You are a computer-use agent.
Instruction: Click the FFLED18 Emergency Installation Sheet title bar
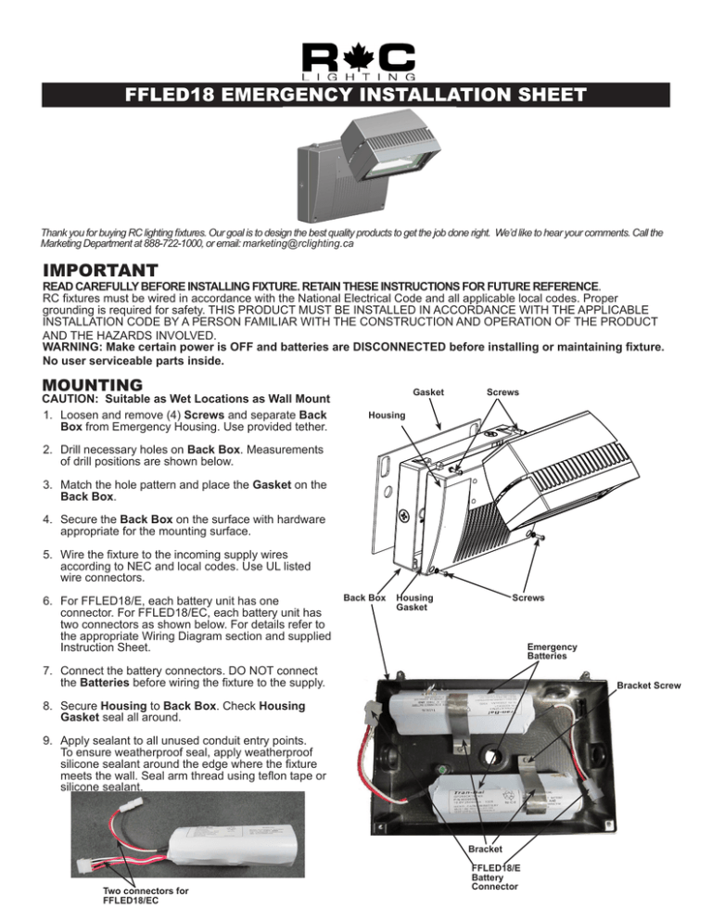(356, 95)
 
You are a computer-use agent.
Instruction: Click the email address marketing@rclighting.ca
(292, 244)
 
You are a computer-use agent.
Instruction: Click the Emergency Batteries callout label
(552, 652)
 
